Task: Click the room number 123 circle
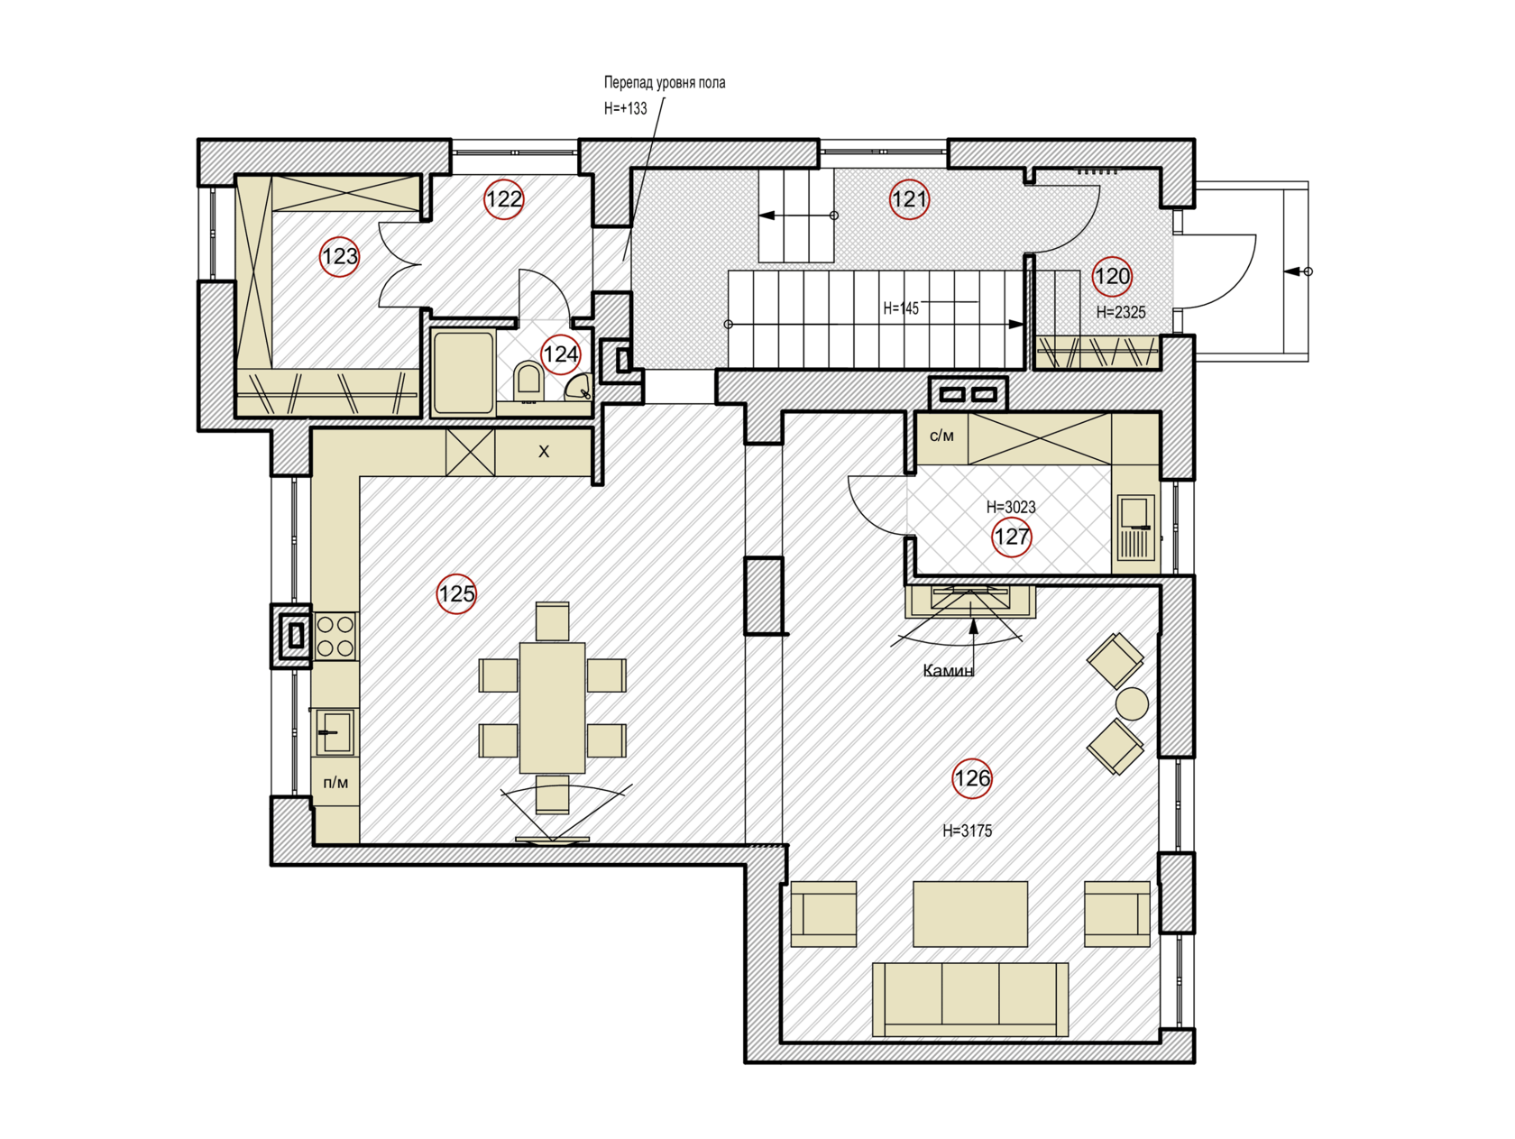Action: [x=340, y=257]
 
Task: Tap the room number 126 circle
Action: [x=972, y=778]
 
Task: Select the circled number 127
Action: [x=1011, y=537]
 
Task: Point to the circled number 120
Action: [x=1112, y=277]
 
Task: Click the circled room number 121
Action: [x=909, y=199]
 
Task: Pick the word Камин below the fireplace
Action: [x=948, y=671]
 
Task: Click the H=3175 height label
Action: [x=967, y=831]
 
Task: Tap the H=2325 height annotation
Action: [x=1121, y=313]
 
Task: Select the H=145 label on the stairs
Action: [x=901, y=308]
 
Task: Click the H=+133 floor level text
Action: [x=625, y=109]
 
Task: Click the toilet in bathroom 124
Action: [x=528, y=380]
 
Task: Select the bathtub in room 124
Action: [x=464, y=372]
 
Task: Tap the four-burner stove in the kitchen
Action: [x=335, y=636]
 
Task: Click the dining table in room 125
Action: [x=552, y=707]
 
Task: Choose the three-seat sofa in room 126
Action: [x=970, y=999]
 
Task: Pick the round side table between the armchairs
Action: [x=1132, y=703]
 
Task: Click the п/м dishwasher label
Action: [x=335, y=783]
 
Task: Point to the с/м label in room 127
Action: [x=941, y=436]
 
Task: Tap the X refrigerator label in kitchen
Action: [x=544, y=452]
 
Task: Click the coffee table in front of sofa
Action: [x=970, y=914]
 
